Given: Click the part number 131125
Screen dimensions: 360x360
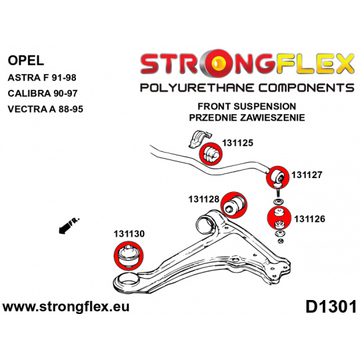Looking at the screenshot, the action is pos(237,143).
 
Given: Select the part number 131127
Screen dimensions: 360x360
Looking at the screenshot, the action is pos(307,175).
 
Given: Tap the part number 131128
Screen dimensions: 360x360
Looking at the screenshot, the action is pos(204,199).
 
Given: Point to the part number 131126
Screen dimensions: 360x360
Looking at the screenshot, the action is pos(309,219).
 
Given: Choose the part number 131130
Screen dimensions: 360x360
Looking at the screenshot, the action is pos(129,234).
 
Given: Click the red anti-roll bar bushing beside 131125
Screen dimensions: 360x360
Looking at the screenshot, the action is pos(210,153).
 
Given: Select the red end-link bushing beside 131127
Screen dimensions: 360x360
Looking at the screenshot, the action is pos(277,177).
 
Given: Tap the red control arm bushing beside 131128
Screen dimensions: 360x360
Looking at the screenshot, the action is pos(234,205).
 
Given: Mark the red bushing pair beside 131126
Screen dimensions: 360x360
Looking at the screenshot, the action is pos(279,218).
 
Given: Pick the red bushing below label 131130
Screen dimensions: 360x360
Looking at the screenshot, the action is pos(129,255).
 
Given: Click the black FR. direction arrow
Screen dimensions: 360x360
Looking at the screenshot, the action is pos(69,225).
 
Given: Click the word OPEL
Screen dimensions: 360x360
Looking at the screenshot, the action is pos(26,61).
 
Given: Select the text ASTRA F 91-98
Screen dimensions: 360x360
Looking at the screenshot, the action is pos(42,77).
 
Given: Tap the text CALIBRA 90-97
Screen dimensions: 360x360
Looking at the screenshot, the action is pos(43,93).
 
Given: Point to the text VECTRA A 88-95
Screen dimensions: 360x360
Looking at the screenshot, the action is pos(45,109).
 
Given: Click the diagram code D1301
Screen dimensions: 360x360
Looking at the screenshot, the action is pos(331,307).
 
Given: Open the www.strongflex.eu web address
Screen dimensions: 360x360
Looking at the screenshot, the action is pos(66,307).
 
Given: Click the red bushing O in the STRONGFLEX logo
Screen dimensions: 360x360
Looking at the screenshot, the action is pos(220,63).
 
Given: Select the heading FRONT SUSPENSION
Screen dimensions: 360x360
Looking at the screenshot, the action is pos(247,106).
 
